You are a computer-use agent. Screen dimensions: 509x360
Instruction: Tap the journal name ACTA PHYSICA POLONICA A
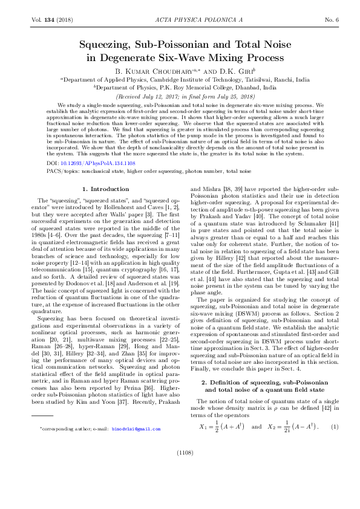coord(180,20)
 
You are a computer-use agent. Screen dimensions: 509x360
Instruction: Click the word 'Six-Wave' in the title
coord(196,58)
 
